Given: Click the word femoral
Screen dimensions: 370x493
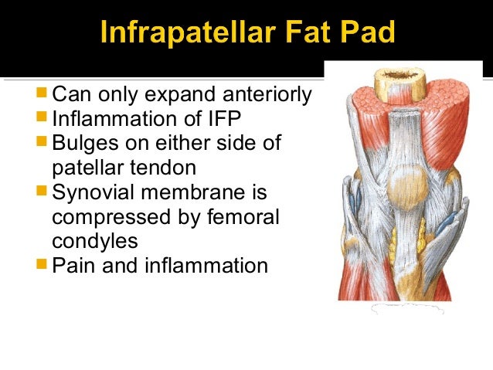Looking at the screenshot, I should tap(249, 217).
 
